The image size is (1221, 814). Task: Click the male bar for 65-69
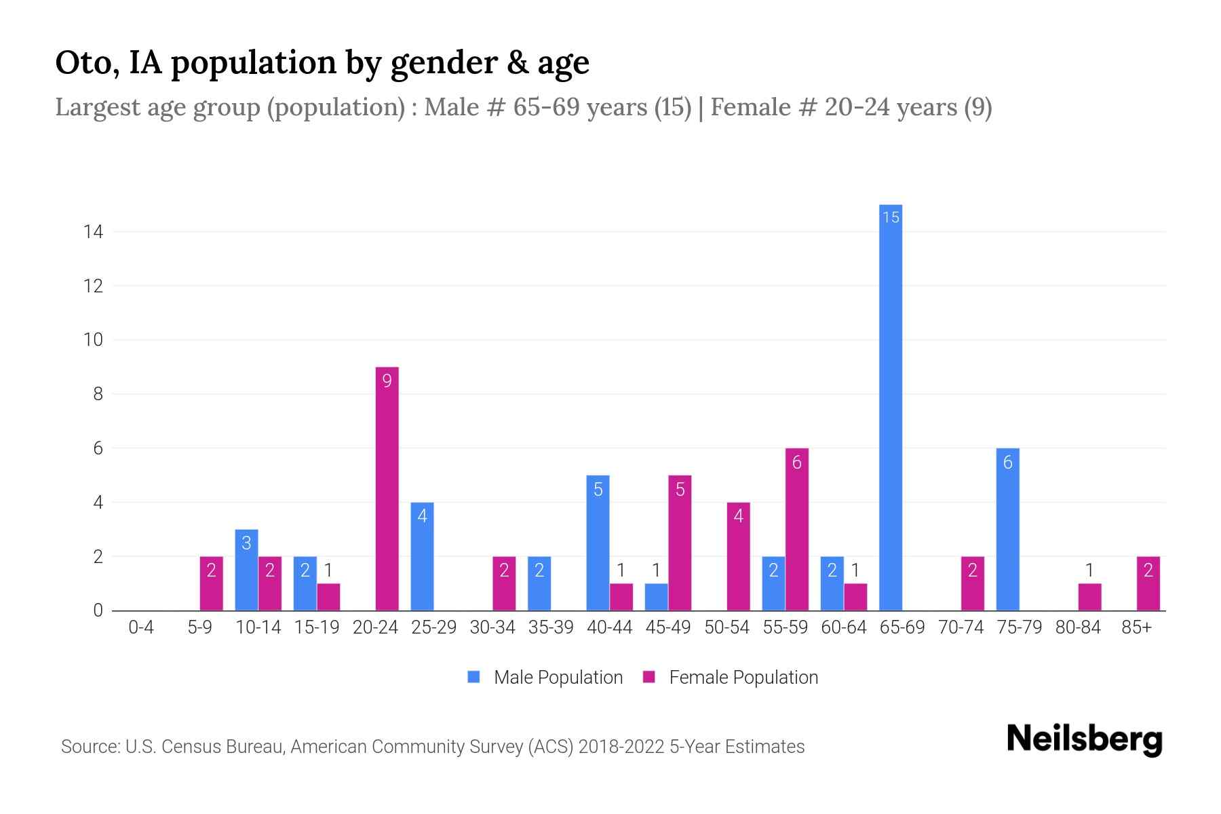coord(891,407)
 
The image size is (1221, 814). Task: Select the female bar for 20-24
coord(387,488)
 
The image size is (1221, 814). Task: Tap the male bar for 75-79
coord(1007,529)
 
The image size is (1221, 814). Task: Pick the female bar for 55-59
coord(796,529)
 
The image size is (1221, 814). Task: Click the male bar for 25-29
coord(422,556)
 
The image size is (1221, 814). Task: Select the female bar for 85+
coord(1148,583)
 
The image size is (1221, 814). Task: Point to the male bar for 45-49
coord(656,597)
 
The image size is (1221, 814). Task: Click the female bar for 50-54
coord(738,556)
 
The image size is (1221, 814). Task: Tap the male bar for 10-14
coord(246,570)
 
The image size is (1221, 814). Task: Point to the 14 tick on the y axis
coord(93,232)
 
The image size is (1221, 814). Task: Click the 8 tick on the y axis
coord(98,394)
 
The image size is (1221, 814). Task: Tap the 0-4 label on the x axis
coord(141,627)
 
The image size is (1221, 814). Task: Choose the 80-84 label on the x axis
coord(1077,627)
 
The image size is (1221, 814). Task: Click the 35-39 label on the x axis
coord(551,627)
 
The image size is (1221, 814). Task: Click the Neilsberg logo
coord(1084,739)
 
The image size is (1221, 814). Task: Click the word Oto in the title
coord(82,62)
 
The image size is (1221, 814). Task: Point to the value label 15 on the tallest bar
coord(891,217)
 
